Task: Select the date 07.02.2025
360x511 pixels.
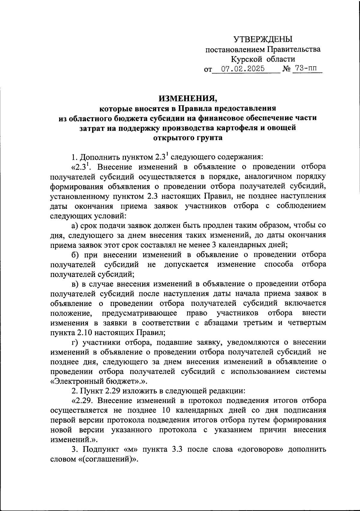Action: point(243,69)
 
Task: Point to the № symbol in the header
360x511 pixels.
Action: point(286,69)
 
